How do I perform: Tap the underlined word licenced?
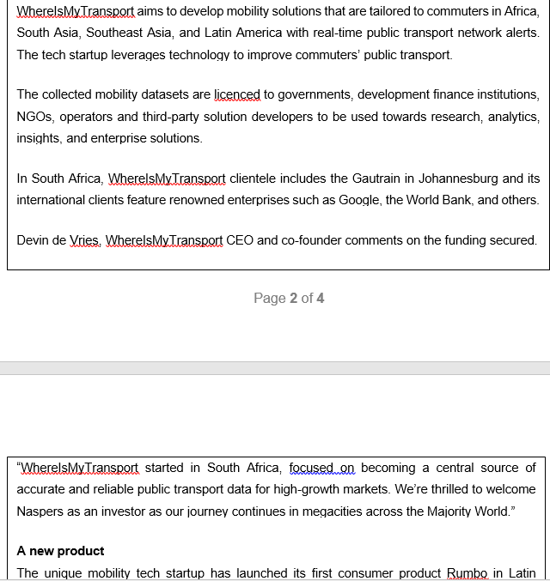click(236, 94)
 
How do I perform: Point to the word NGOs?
click(34, 116)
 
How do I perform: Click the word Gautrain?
click(376, 179)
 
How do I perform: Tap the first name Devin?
click(34, 240)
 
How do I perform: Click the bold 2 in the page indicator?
click(293, 299)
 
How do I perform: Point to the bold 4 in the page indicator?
click(321, 299)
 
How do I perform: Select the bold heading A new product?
click(60, 551)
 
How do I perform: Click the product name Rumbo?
click(467, 572)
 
